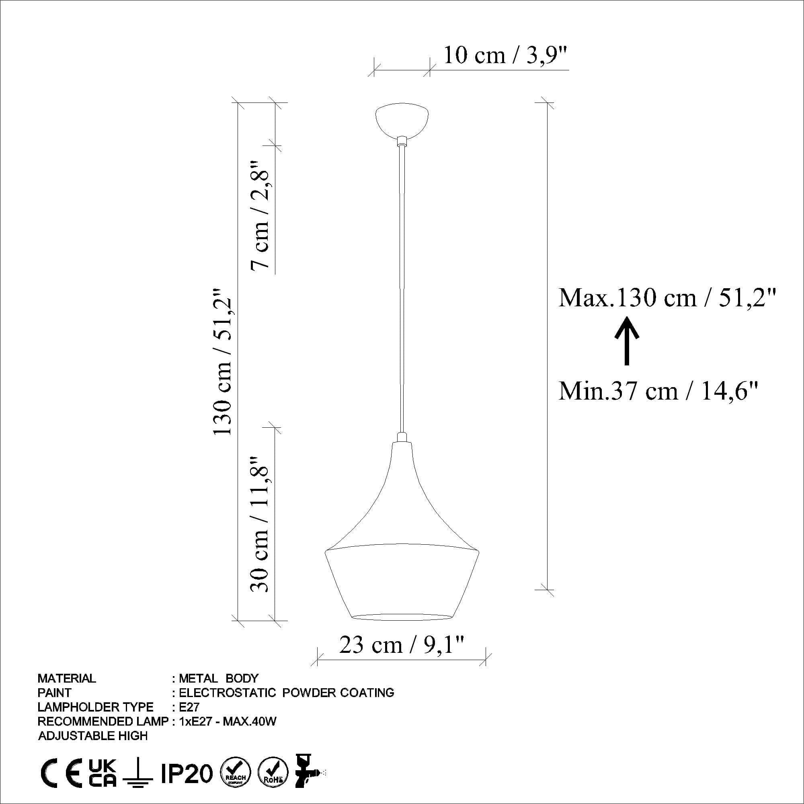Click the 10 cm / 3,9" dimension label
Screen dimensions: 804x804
(x=505, y=55)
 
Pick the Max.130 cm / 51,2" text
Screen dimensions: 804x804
(x=667, y=298)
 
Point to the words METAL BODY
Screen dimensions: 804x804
(x=218, y=679)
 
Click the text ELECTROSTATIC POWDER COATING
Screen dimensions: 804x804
(x=286, y=693)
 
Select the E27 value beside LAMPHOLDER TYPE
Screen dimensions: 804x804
(x=189, y=707)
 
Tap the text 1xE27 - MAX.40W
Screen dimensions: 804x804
(x=228, y=721)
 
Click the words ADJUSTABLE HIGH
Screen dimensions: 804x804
(x=93, y=736)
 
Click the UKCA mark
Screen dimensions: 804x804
(x=103, y=773)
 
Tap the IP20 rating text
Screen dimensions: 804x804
(x=187, y=774)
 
